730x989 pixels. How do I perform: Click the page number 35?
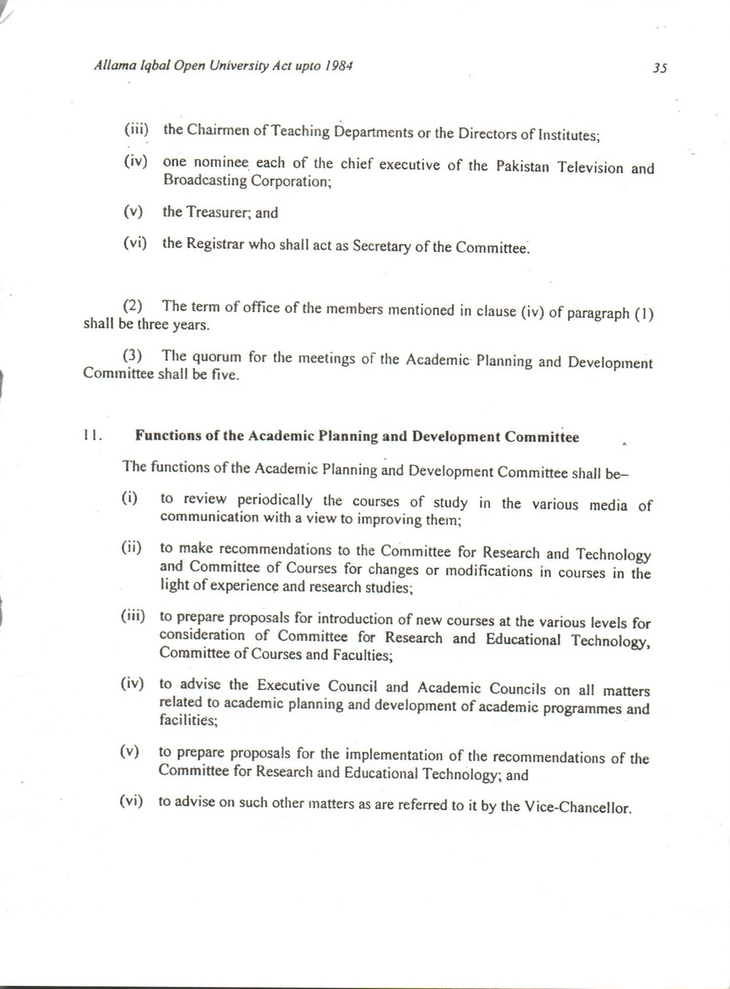tap(660, 68)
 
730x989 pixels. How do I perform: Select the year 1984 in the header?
tap(338, 66)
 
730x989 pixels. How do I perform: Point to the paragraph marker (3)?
tap(132, 356)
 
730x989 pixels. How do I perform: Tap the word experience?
tap(243, 586)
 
